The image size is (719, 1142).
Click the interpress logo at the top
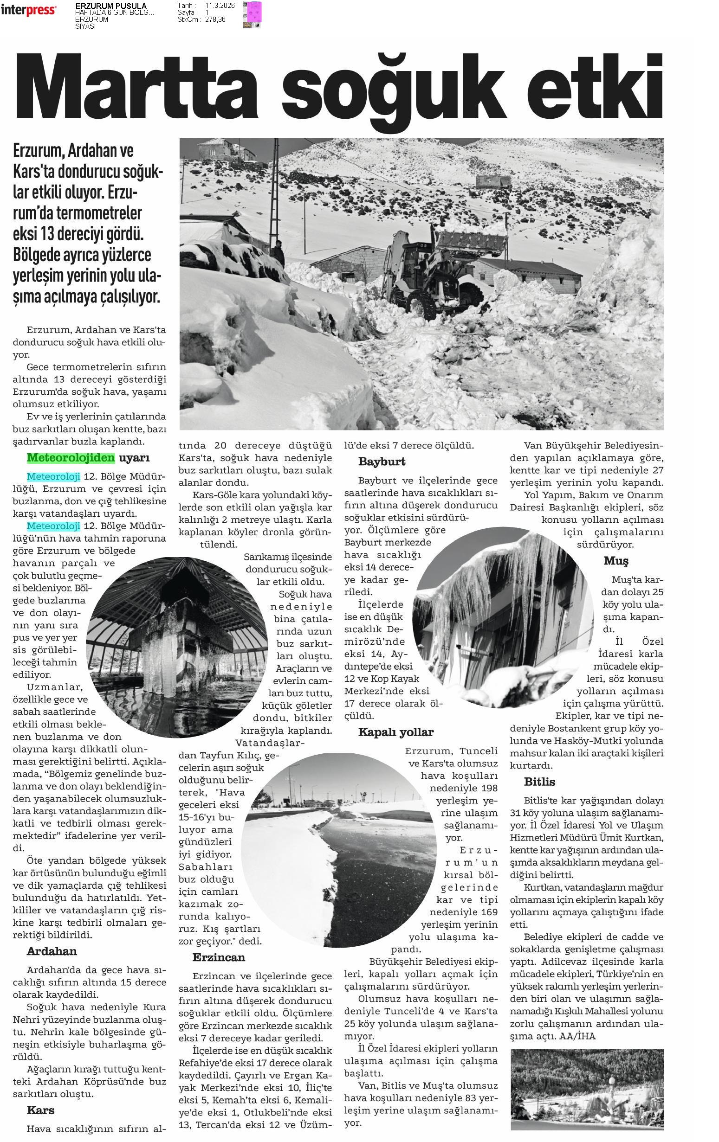28,10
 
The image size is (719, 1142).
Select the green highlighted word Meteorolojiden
71,458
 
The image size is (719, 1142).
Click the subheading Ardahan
52,951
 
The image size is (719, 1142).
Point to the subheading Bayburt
382,462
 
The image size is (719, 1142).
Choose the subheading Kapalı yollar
396,732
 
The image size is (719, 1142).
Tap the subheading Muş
615,561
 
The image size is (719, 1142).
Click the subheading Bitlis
539,782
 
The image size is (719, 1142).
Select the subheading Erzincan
218,957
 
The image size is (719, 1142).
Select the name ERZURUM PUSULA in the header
110,6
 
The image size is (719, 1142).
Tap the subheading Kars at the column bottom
40,1110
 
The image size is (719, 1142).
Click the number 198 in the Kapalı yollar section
488,788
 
